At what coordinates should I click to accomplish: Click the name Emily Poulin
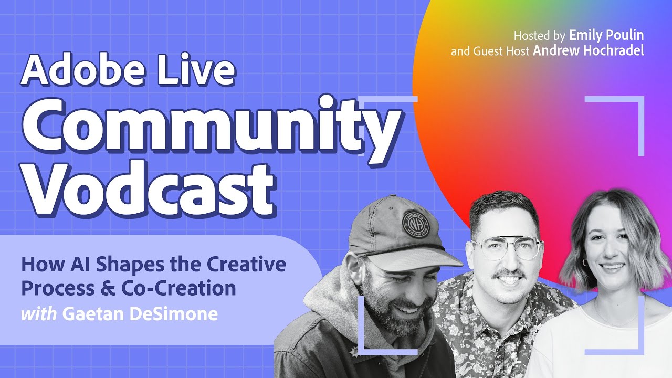click(606, 36)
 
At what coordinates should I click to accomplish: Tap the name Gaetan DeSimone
click(139, 314)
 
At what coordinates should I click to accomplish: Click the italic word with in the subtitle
click(39, 314)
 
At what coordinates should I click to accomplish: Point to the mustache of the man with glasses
click(508, 274)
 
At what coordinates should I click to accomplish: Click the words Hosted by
click(539, 36)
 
